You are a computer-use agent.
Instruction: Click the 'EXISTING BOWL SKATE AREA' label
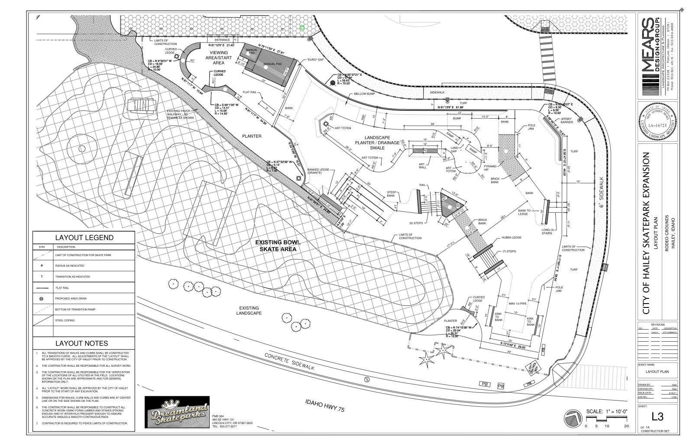click(275, 246)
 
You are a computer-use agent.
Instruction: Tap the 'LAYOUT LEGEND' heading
click(84, 238)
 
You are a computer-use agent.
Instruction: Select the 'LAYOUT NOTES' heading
click(81, 343)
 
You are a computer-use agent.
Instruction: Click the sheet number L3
click(657, 417)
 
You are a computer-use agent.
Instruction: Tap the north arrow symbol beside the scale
click(572, 418)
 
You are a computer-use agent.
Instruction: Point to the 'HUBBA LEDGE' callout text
click(511, 237)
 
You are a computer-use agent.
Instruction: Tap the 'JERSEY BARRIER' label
click(567, 120)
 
